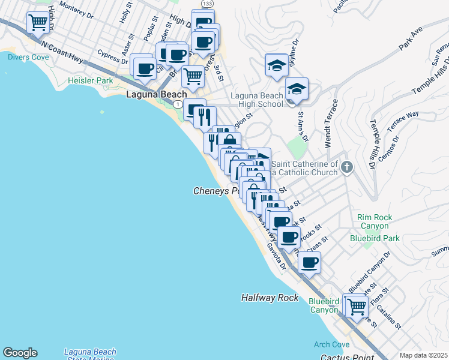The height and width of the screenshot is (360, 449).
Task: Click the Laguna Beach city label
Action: click(156, 95)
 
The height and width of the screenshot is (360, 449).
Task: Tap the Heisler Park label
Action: click(91, 80)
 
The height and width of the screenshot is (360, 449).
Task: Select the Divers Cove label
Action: click(28, 57)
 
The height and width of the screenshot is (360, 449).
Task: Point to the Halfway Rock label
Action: click(270, 298)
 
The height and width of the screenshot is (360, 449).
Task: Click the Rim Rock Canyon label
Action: click(374, 222)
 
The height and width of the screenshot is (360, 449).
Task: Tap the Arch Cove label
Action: click(331, 345)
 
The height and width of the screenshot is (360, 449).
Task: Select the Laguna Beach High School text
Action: click(257, 100)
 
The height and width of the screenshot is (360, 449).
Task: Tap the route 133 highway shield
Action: click(206, 4)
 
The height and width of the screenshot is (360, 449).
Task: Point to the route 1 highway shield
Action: click(178, 104)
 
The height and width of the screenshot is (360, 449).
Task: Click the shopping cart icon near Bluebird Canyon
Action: click(357, 306)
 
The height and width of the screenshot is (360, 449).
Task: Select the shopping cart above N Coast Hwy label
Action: click(37, 23)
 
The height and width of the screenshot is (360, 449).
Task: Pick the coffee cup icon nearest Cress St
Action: click(309, 262)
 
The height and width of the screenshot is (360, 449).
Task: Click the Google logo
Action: click(20, 353)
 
